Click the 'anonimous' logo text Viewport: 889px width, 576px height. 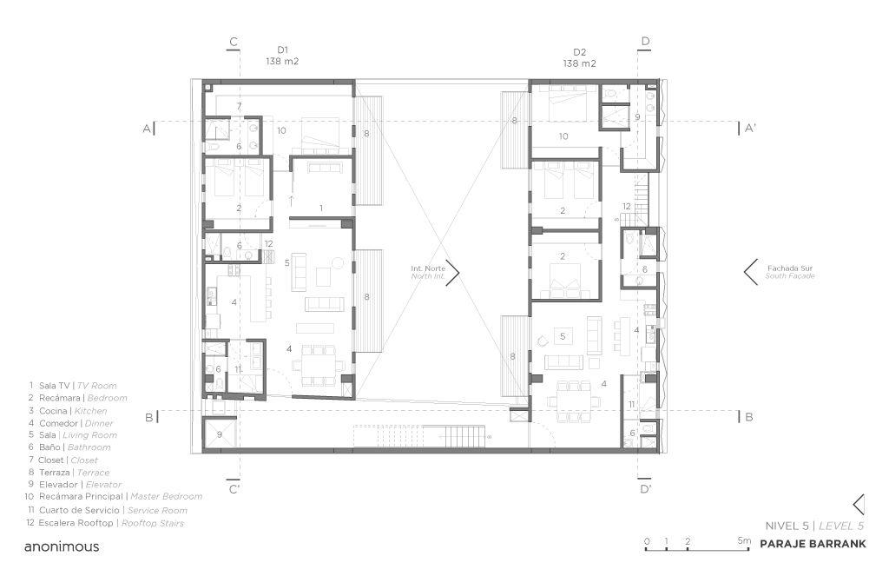[62, 547]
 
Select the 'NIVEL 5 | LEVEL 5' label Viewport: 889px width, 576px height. [813, 526]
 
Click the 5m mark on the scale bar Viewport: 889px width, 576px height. [745, 540]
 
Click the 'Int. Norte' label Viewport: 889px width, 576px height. [428, 273]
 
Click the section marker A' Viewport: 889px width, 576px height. [750, 128]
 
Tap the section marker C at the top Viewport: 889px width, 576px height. [233, 41]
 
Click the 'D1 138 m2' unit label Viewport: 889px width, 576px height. [282, 56]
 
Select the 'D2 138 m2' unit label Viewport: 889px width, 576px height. [579, 57]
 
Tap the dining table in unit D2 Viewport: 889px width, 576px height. [574, 394]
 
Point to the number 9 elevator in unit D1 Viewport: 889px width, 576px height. [220, 434]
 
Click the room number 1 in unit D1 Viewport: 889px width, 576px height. [321, 208]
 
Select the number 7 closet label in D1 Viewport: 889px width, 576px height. [239, 105]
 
